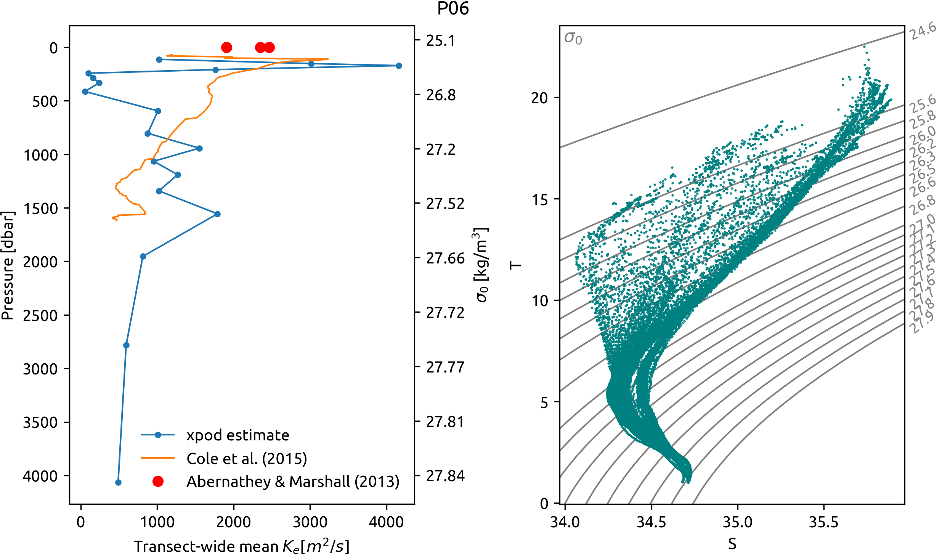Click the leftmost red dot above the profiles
tap(226, 48)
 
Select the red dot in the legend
tap(158, 482)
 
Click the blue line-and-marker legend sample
tap(158, 435)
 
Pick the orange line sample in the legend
tap(158, 458)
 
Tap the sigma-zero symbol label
tap(573, 38)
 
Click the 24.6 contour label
tap(923, 31)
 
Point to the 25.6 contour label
tap(923, 104)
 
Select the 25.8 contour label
tap(923, 119)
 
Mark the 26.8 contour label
tap(923, 204)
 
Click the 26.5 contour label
tap(923, 172)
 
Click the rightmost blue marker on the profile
tap(399, 66)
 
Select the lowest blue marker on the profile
tap(118, 482)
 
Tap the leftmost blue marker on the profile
tap(85, 92)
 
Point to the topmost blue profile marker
tap(159, 59)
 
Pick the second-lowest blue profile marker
tap(126, 345)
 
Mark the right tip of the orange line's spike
tap(328, 59)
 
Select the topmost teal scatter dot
tap(864, 47)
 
